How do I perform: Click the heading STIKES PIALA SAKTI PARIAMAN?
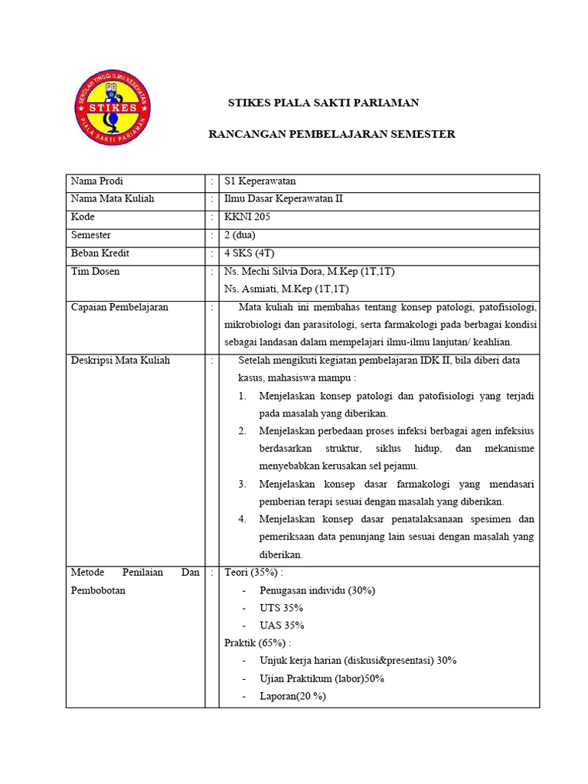[314, 103]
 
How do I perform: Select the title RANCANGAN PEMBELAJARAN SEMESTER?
[332, 134]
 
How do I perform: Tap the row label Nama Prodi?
[96, 181]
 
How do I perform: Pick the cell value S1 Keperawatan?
[260, 181]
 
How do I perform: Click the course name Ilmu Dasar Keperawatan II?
[283, 199]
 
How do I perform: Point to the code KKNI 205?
[247, 217]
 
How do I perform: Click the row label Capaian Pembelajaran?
[119, 307]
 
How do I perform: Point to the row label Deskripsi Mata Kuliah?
[120, 360]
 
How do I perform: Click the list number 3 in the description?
[242, 484]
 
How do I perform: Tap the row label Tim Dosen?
[95, 271]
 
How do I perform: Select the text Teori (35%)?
[253, 572]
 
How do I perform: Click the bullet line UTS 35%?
[282, 607]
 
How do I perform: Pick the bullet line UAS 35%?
[282, 625]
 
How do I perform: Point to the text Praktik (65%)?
[257, 642]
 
